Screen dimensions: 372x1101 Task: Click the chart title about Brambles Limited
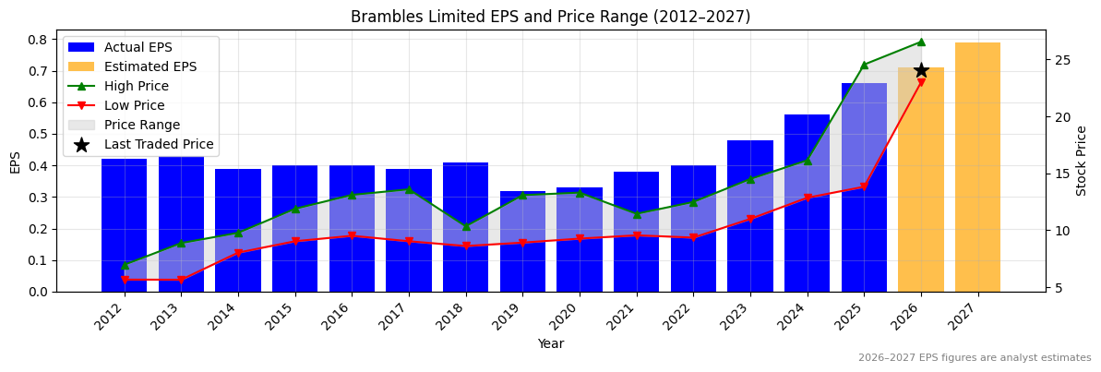550,17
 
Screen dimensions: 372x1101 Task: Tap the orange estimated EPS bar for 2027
977,166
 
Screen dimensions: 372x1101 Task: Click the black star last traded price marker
921,70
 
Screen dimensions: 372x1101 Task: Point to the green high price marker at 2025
864,65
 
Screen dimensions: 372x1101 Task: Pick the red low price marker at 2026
921,83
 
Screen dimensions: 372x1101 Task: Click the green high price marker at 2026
921,42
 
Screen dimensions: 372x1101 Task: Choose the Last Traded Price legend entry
158,144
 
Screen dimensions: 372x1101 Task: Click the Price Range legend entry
141,125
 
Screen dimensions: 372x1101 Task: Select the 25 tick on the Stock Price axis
1061,60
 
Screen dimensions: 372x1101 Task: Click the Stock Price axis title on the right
1082,161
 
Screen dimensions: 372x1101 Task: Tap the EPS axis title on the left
15,162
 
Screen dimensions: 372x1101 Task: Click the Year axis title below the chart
550,343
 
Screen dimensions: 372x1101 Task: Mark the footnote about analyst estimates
974,358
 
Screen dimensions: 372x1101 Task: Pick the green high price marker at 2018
466,226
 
